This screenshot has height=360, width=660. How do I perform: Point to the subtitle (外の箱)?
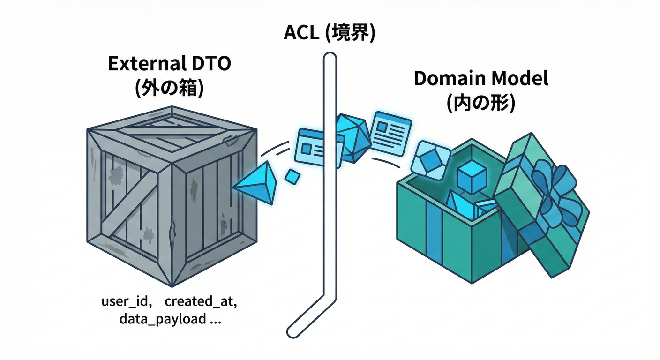point(169,89)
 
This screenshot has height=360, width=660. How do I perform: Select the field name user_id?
point(126,301)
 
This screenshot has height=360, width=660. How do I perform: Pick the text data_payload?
point(162,320)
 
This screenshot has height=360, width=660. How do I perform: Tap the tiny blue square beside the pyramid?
point(292,177)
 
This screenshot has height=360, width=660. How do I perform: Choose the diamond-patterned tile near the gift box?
point(430,160)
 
